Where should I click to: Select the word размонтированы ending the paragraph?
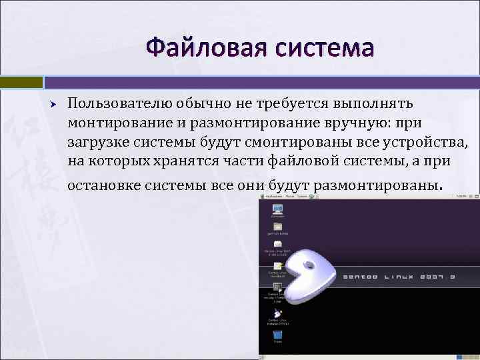(376, 185)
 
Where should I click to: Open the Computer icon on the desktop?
(277, 209)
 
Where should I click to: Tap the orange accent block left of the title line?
(21, 82)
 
